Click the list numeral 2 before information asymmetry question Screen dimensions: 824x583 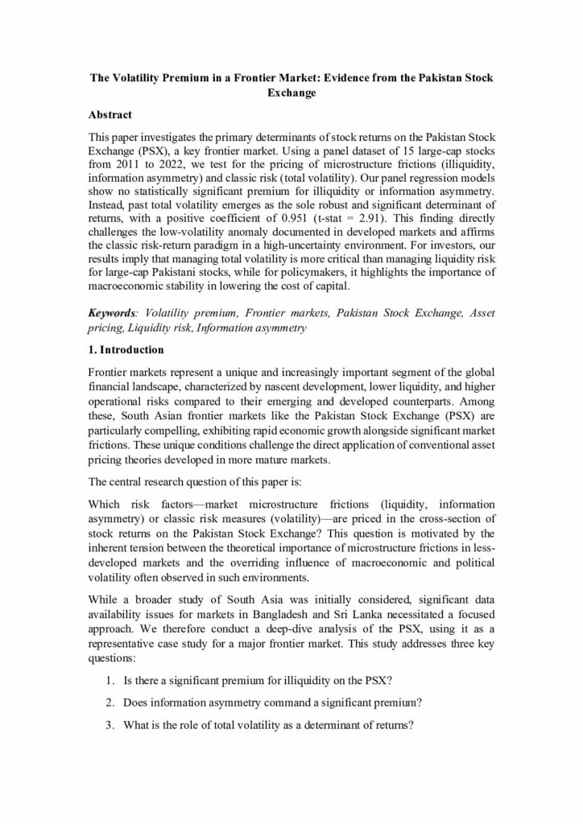click(x=108, y=702)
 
